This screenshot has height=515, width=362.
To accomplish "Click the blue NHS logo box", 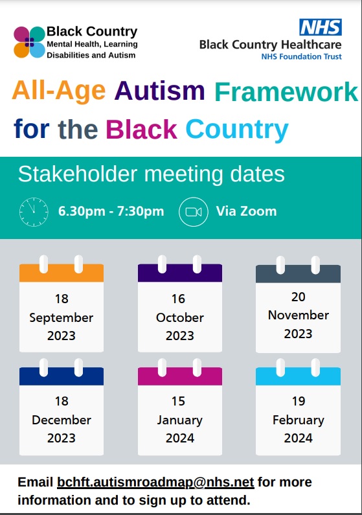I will tap(320, 28).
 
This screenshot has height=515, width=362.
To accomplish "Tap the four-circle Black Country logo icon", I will tap(29, 42).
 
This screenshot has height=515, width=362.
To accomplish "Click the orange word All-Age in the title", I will tap(60, 91).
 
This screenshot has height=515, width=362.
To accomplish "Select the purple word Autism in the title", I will tap(160, 91).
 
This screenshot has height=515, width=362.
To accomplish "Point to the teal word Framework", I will tap(286, 92).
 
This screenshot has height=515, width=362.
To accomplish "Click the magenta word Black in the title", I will tap(141, 130).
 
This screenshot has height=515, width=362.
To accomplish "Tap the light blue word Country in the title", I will tap(236, 130).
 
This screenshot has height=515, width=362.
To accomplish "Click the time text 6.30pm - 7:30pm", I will tap(111, 212).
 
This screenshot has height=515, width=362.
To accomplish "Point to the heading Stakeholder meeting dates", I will tap(151, 174).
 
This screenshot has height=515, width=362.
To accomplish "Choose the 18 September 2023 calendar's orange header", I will tap(62, 273).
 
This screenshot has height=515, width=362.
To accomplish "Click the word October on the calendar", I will tap(179, 317).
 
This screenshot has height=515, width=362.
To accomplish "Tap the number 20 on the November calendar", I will tap(298, 297).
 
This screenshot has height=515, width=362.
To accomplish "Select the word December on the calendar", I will tap(62, 420).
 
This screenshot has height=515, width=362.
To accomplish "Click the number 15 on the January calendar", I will tap(179, 402).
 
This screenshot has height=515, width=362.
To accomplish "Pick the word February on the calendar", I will tap(298, 420).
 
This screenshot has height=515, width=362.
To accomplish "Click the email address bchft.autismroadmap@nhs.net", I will tap(155, 483).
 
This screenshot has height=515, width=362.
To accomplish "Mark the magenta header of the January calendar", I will tap(179, 376).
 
